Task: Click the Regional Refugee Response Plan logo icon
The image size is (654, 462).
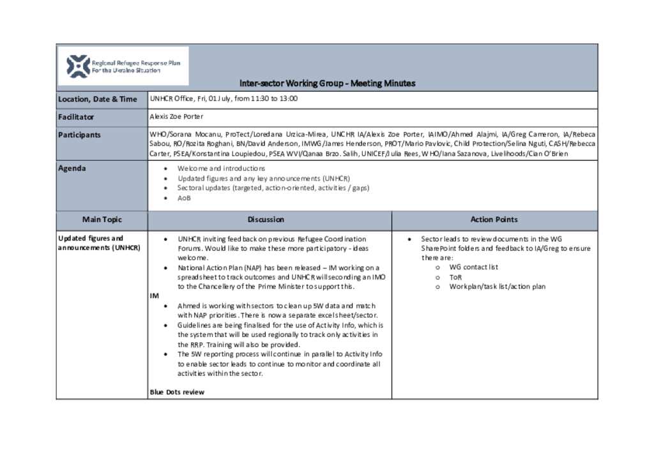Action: click(79, 66)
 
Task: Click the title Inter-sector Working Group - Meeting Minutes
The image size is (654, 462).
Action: click(327, 83)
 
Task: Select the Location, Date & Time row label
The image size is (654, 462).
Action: click(98, 99)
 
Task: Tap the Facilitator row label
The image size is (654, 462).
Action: click(76, 117)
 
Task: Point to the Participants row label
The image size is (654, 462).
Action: click(79, 135)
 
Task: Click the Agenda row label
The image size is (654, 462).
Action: click(72, 168)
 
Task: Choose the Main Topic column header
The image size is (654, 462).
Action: click(102, 220)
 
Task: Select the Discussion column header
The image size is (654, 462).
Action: click(266, 220)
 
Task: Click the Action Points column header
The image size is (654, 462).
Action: click(494, 220)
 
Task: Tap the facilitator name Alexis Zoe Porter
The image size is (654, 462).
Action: click(176, 117)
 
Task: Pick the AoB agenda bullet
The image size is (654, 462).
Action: click(184, 198)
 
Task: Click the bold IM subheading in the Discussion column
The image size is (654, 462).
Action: click(154, 297)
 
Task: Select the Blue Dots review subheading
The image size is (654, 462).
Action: click(177, 392)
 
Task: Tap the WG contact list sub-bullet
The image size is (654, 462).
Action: click(473, 267)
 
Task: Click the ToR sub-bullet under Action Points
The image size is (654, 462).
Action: click(455, 277)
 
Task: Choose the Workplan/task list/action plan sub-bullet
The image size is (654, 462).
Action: click(497, 287)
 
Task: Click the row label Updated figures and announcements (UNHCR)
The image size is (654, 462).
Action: click(99, 243)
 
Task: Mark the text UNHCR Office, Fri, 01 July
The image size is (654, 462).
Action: click(190, 99)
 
